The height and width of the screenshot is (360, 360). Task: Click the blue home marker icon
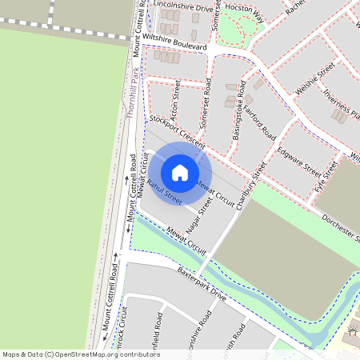180,173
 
